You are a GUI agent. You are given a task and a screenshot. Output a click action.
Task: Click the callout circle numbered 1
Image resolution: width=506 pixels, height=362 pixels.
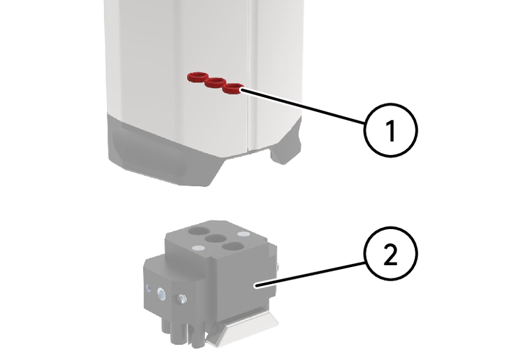391,130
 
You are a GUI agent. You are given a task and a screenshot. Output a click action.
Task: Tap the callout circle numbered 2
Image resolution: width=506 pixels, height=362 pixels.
391,254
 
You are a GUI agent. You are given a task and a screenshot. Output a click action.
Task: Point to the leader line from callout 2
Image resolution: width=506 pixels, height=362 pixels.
311,274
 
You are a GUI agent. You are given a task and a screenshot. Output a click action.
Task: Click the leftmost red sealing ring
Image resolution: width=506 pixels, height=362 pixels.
197,77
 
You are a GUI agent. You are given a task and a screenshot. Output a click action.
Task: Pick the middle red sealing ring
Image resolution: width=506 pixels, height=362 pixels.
215,82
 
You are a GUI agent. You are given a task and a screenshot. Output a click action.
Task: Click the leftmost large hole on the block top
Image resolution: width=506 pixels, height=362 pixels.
199,231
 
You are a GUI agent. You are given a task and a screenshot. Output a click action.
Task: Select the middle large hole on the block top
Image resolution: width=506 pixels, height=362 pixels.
215,239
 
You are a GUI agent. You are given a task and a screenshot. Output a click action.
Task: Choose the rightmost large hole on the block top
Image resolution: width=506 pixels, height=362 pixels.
233,247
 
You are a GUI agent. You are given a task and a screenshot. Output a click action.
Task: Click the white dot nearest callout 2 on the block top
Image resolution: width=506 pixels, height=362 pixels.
243,234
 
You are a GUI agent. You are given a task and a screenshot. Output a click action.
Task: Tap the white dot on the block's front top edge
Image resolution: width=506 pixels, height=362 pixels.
197,248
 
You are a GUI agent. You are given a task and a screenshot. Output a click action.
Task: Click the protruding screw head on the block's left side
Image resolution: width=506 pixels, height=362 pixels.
181,299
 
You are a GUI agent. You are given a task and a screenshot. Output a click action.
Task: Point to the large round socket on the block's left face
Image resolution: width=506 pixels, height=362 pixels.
161,294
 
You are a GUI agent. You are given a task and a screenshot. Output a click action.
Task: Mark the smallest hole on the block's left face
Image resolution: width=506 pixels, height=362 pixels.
148,287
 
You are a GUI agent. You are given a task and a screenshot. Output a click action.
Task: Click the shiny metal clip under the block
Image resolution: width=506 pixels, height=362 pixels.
242,328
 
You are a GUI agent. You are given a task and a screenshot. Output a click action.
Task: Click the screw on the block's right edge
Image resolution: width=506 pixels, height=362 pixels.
278,266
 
